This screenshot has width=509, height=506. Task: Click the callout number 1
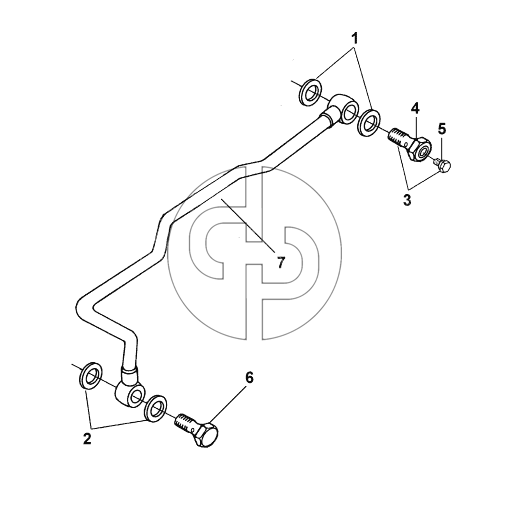[x=355, y=38]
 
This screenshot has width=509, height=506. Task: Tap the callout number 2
[x=87, y=438]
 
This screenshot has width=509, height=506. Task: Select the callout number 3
[x=407, y=200]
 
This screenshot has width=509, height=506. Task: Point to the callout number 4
[x=415, y=108]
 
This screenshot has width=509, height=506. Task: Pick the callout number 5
[x=442, y=129]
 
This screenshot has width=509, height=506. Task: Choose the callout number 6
[x=249, y=378]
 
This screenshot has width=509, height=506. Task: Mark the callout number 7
[x=281, y=263]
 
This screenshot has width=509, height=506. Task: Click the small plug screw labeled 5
[x=442, y=165]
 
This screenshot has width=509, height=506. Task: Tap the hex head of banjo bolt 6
[x=205, y=435]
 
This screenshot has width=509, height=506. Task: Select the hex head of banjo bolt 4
[x=420, y=149]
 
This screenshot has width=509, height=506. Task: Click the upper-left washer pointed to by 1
[x=311, y=93]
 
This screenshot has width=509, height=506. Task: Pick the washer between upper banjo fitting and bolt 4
[x=369, y=122]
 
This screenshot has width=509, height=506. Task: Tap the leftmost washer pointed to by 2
[x=91, y=376]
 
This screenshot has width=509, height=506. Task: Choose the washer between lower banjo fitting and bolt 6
[x=156, y=409]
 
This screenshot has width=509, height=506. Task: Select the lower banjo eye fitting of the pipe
[x=131, y=391]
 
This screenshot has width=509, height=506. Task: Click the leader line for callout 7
[x=247, y=224]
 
